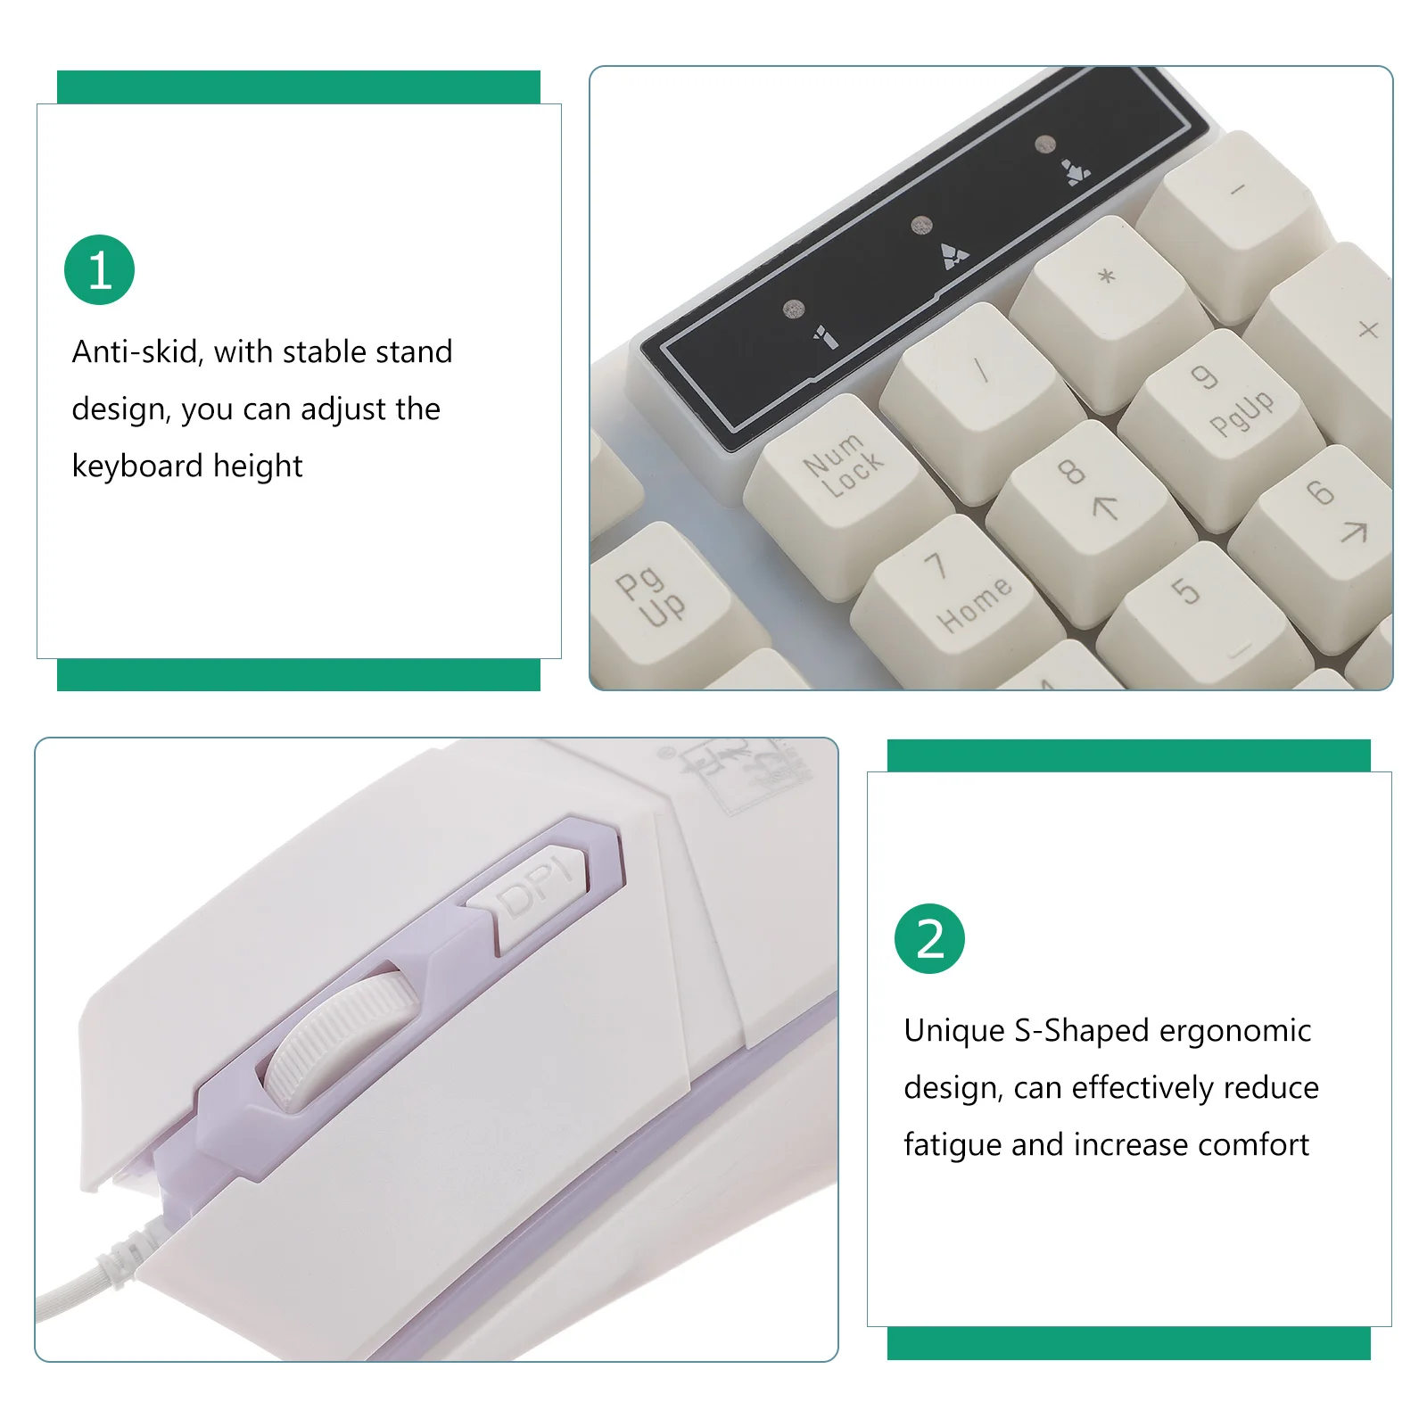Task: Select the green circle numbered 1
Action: coord(99,270)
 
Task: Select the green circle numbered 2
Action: coord(929,939)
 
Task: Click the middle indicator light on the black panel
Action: coord(921,225)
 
